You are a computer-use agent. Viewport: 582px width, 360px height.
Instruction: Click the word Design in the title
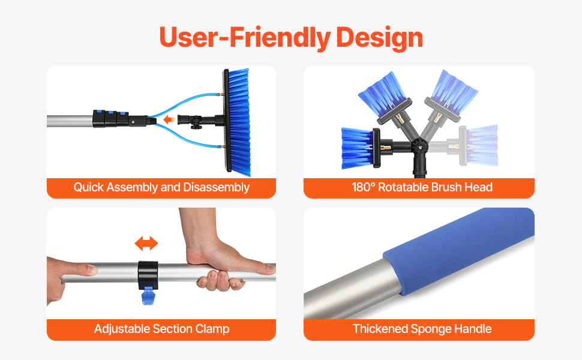click(379, 38)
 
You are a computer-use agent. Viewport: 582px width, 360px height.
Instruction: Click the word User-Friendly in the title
click(245, 38)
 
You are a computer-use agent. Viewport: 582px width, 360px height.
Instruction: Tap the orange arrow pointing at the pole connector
click(169, 119)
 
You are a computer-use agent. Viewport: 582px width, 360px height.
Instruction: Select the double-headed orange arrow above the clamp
click(146, 244)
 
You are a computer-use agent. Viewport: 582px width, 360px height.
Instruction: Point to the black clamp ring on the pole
click(148, 275)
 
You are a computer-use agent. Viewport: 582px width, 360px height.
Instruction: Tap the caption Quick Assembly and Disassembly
click(161, 187)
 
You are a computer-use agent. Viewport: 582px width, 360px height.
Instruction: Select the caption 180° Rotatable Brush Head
click(422, 187)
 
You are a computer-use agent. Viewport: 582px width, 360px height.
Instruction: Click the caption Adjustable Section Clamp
click(162, 329)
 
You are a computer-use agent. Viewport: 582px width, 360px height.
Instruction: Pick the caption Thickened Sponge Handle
click(422, 329)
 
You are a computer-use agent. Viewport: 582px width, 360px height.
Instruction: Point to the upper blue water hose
click(185, 102)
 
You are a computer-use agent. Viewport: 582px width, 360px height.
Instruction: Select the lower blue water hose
click(185, 138)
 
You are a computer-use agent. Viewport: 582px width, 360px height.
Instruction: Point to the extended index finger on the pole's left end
click(80, 269)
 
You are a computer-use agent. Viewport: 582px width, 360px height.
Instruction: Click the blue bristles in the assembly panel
click(239, 122)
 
